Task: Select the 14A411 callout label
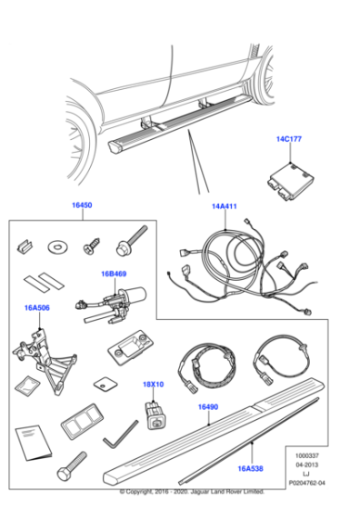(x=225, y=206)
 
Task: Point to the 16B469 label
(x=115, y=273)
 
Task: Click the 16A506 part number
(x=37, y=309)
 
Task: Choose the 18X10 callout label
(x=153, y=385)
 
